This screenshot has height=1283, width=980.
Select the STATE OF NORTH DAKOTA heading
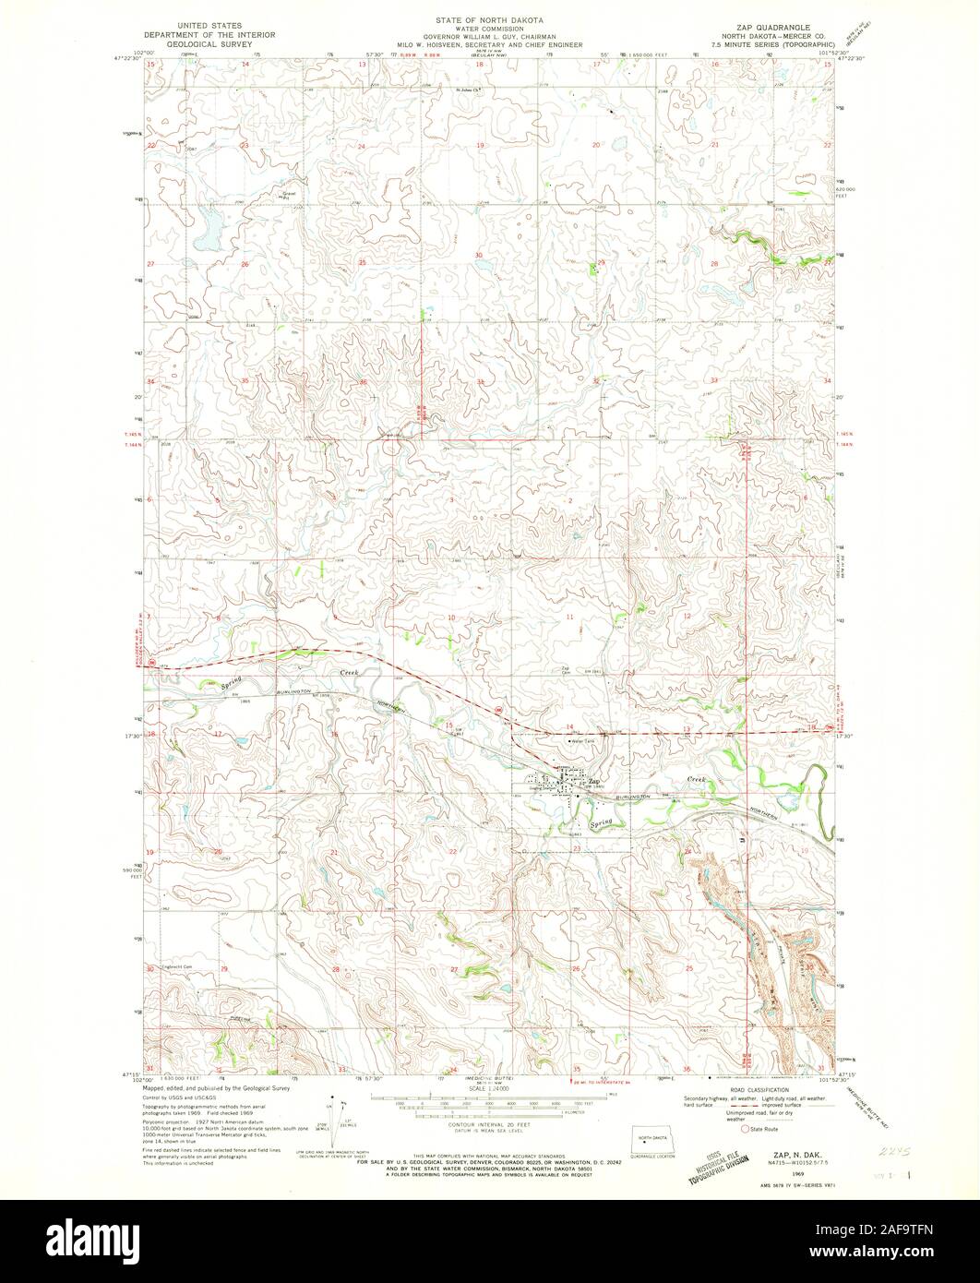tap(489, 18)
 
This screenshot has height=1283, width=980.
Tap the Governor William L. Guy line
tap(489, 36)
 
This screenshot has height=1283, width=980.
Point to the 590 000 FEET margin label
tap(126, 872)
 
